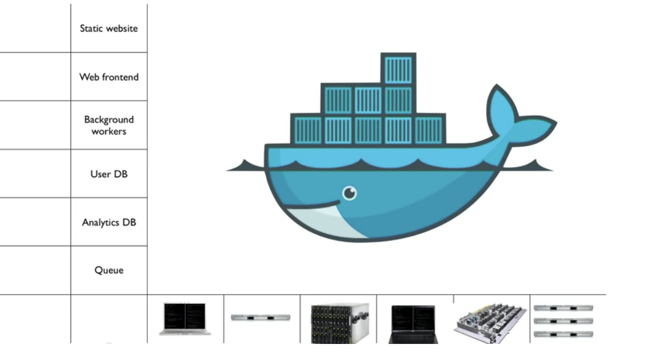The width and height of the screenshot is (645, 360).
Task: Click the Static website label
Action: [109, 28]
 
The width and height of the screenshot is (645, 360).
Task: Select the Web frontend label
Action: [109, 77]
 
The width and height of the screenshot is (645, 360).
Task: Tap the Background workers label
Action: [109, 126]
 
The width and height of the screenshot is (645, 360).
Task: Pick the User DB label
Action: [109, 174]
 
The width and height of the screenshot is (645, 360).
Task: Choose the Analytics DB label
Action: [109, 222]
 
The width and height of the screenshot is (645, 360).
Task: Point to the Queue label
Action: [109, 270]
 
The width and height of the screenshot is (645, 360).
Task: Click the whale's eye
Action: [349, 193]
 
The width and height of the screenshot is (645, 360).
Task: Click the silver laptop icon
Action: [185, 319]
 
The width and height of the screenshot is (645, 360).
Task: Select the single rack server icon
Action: [261, 317]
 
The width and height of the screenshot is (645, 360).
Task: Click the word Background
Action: [109, 120]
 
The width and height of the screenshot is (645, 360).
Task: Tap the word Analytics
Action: [100, 222]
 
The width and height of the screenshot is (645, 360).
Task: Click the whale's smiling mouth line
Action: [312, 205]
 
